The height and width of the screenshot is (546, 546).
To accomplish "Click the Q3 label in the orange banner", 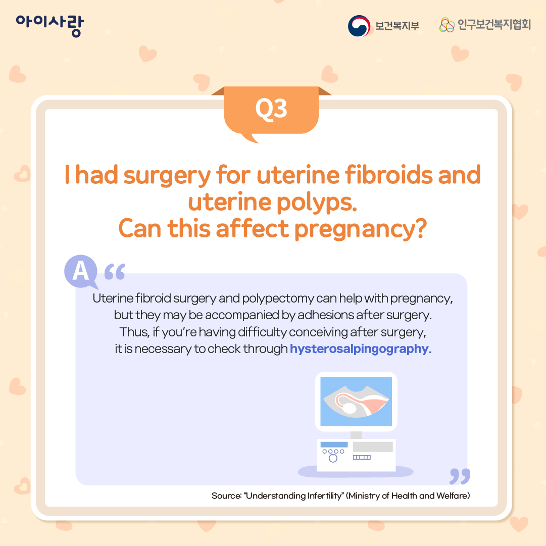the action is pyautogui.click(x=271, y=109).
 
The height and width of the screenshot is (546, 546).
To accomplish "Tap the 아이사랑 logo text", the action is pyautogui.click(x=50, y=25).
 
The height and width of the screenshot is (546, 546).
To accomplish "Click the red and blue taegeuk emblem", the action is pyautogui.click(x=359, y=26).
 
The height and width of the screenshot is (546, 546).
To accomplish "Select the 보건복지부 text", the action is pyautogui.click(x=397, y=26).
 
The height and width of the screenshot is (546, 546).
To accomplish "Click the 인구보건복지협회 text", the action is pyautogui.click(x=494, y=25).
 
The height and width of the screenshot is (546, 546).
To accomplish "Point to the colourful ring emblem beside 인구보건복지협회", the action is pyautogui.click(x=447, y=25).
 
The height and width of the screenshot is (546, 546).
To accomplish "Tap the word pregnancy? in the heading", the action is pyautogui.click(x=361, y=230).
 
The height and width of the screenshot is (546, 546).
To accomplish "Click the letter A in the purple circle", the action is pyautogui.click(x=81, y=271).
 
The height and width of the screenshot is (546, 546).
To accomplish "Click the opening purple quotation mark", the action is pyautogui.click(x=115, y=272).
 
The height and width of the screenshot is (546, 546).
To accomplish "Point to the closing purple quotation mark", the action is pyautogui.click(x=460, y=476).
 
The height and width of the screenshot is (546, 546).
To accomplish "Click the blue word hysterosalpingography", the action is pyautogui.click(x=361, y=349).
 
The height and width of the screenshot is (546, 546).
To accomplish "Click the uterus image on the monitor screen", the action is pyautogui.click(x=356, y=402).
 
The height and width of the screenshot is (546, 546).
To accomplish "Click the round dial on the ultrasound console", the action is pyautogui.click(x=333, y=458).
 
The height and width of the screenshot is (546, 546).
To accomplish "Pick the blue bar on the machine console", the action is pyautogui.click(x=334, y=444).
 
